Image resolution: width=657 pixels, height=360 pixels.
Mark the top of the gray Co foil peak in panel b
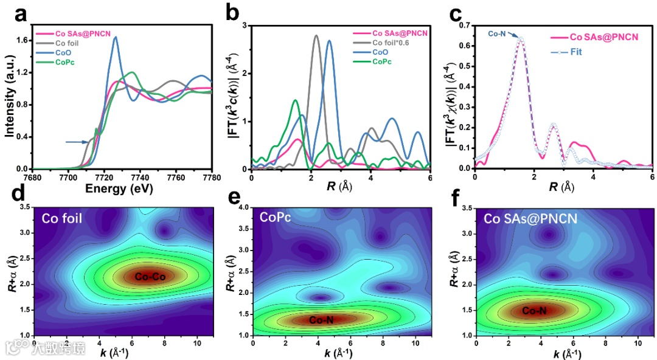tap(316, 36)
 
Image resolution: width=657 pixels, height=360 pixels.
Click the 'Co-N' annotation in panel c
tap(498, 35)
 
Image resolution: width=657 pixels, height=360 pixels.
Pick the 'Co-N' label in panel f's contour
tap(534, 311)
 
